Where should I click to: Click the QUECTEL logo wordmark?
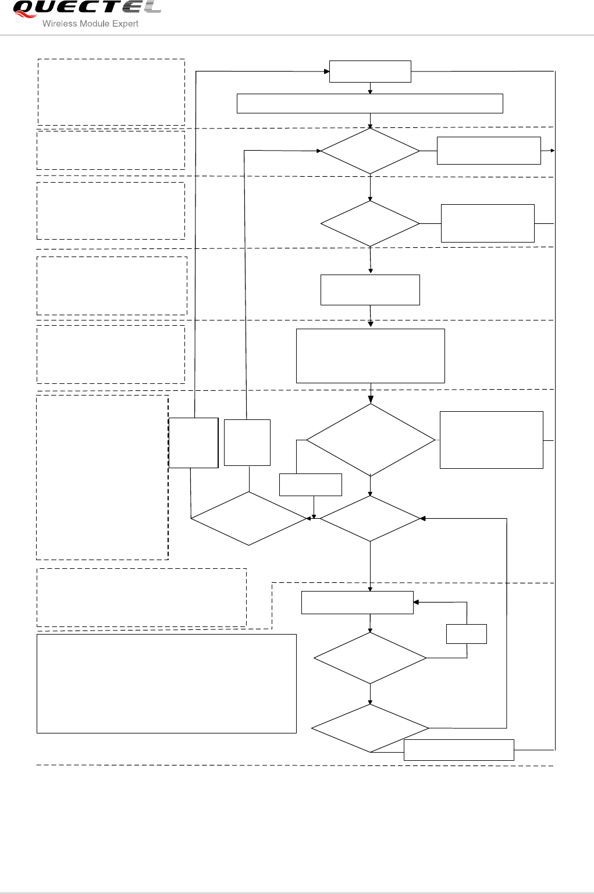[x=86, y=9]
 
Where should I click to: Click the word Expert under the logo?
[x=126, y=24]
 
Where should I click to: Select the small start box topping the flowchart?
[x=370, y=72]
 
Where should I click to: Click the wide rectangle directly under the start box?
[x=370, y=103]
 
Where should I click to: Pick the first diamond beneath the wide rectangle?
[x=370, y=151]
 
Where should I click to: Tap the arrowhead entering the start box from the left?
[x=326, y=72]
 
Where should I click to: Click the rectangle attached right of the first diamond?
[x=489, y=151]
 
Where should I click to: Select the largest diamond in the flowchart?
[x=371, y=440]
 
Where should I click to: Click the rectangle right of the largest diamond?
[x=492, y=440]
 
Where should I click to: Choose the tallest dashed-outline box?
[x=102, y=478]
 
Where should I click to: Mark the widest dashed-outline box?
[x=141, y=598]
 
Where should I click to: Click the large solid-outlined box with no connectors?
[x=166, y=683]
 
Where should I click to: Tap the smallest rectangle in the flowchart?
[x=467, y=634]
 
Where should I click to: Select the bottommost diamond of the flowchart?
[x=370, y=728]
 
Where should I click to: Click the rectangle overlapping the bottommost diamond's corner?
[x=459, y=750]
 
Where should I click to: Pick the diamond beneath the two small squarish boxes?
[x=249, y=518]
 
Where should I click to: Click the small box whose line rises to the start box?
[x=193, y=443]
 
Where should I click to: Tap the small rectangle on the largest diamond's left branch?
[x=311, y=485]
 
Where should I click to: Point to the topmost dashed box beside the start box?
[x=111, y=92]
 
